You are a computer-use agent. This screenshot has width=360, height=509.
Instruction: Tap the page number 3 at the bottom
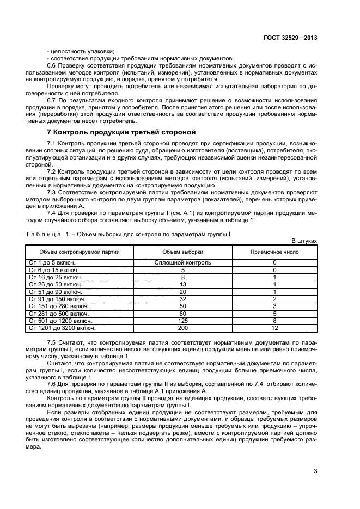click(x=315, y=471)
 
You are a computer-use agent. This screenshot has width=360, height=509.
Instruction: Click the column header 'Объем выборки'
click(x=182, y=252)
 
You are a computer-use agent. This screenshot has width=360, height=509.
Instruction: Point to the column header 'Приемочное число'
click(x=274, y=252)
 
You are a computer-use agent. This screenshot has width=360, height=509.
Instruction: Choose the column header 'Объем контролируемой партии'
click(x=80, y=252)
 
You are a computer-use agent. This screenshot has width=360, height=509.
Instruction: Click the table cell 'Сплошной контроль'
click(x=182, y=262)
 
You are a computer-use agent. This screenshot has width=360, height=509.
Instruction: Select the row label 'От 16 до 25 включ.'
click(x=53, y=277)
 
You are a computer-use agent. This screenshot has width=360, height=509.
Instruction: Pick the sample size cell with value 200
click(x=182, y=328)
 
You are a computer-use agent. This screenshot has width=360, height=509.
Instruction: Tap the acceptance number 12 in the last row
click(x=274, y=328)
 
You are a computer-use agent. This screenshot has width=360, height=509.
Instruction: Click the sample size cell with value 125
click(x=182, y=321)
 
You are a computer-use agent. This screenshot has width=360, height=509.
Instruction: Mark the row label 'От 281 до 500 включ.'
click(x=56, y=314)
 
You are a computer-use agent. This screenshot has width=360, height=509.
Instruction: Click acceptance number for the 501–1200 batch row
click(x=274, y=321)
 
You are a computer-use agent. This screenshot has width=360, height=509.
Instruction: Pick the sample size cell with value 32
click(x=182, y=299)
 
